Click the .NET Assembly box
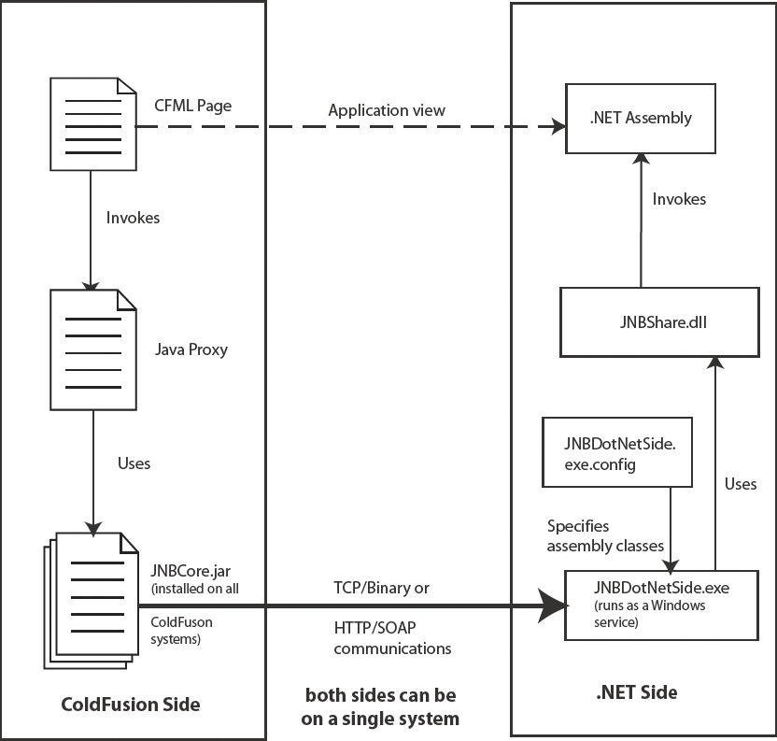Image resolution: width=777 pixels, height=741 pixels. pyautogui.click(x=640, y=118)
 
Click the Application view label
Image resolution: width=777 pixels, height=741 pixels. pyautogui.click(x=387, y=109)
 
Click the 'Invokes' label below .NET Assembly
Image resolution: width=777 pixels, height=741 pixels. pyautogui.click(x=679, y=199)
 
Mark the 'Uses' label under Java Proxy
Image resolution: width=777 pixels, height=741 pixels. pyautogui.click(x=134, y=463)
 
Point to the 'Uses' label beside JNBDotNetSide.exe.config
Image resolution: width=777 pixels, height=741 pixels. pyautogui.click(x=741, y=484)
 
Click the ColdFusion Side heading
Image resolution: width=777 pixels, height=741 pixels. pyautogui.click(x=131, y=703)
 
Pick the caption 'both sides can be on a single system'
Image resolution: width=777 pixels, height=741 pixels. pyautogui.click(x=383, y=707)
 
